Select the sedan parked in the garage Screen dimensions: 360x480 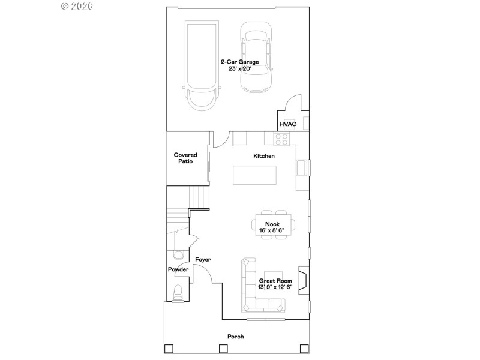pos(256,58)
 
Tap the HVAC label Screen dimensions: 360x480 pos(288,124)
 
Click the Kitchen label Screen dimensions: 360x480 pos(264,156)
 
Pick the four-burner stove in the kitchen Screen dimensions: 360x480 pos(281,139)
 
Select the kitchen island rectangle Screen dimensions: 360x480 pos(256,176)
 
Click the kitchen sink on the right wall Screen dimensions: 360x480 pos(302,167)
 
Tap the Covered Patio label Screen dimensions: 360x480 pos(185,158)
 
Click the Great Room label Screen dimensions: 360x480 pos(275,280)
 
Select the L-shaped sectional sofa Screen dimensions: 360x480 pos(255,293)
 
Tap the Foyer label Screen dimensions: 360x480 pos(203,259)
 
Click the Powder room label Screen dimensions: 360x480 pos(178,270)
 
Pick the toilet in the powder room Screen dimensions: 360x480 pos(178,293)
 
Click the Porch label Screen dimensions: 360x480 pos(235,337)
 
